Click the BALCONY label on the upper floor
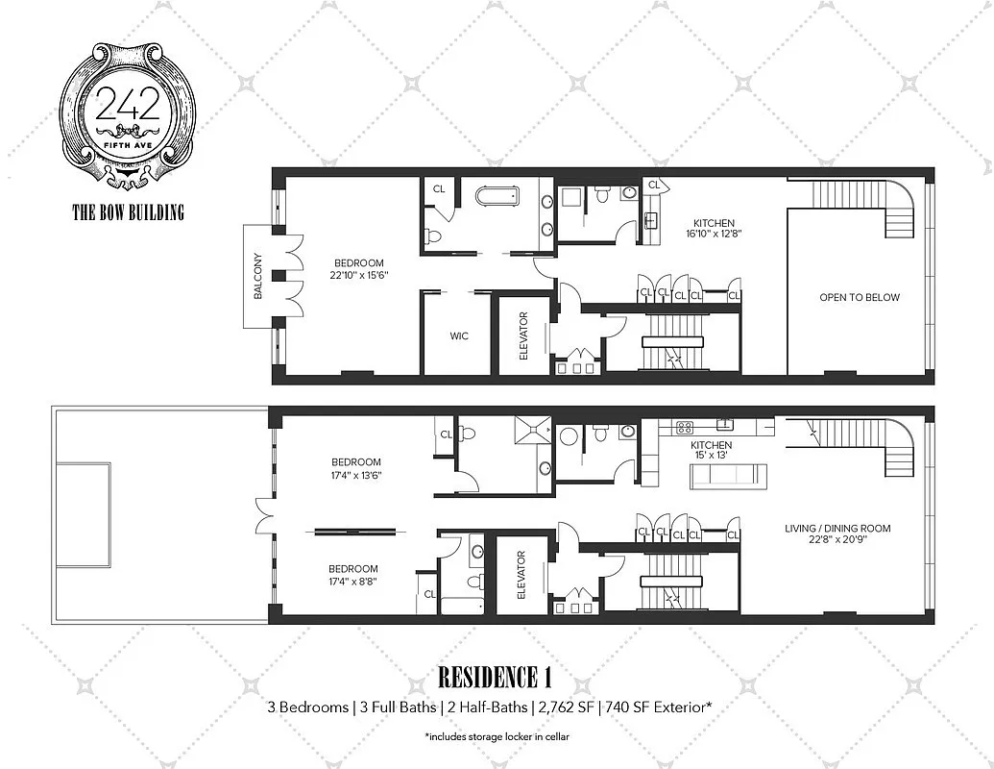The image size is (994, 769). (257, 276)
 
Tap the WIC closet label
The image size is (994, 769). (459, 336)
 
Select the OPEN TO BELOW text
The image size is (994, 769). (859, 297)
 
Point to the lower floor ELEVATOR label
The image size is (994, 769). (521, 575)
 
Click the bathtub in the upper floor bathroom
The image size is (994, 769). (497, 197)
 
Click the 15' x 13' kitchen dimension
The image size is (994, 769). (711, 457)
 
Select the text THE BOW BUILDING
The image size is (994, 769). (128, 212)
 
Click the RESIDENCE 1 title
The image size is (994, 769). (495, 678)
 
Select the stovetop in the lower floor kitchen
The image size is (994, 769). (685, 426)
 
